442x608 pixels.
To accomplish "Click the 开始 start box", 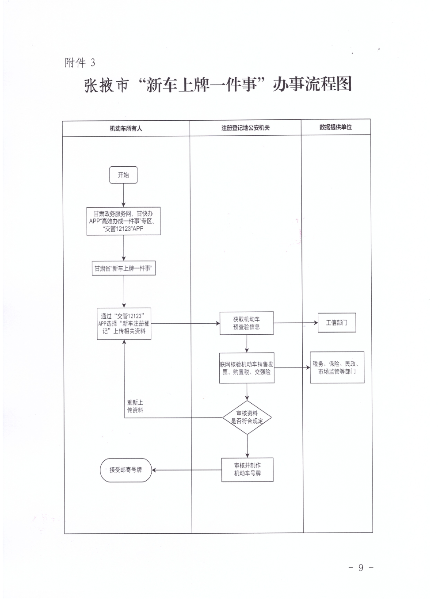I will [x=123, y=175].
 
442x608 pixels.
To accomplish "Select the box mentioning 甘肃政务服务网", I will [x=123, y=221].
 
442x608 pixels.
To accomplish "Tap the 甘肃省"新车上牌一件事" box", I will [x=124, y=268].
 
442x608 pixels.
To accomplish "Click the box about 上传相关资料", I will [x=124, y=324].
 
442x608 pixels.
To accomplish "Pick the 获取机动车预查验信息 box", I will [x=247, y=323].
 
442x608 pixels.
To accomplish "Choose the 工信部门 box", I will [x=337, y=323].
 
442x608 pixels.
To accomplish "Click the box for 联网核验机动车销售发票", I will [x=247, y=368].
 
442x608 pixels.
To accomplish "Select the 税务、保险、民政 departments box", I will [x=337, y=368].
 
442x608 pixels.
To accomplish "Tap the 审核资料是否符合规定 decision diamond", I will [x=247, y=417].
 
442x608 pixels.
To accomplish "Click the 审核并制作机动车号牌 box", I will [x=247, y=470].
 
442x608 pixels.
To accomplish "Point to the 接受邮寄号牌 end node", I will [x=126, y=470].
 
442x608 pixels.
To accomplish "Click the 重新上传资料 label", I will [x=135, y=406].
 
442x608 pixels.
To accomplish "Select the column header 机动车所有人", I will [x=126, y=129].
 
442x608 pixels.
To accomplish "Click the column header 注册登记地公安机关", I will [x=245, y=128].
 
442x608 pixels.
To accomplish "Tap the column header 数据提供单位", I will [x=336, y=127].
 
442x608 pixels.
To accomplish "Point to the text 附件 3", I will [x=80, y=63].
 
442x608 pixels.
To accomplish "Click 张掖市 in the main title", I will [x=106, y=85].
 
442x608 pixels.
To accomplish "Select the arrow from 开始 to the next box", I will [x=124, y=195].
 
